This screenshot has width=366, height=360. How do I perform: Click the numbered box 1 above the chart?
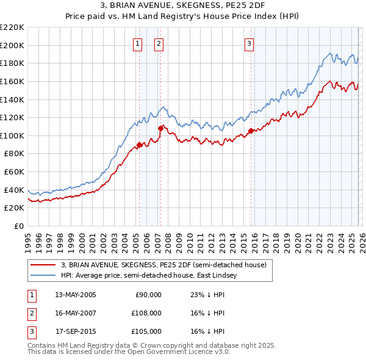click(137, 43)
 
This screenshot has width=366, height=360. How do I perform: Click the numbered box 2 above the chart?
click(159, 43)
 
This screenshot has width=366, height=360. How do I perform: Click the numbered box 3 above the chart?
click(249, 43)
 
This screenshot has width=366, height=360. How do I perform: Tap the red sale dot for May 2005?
click(139, 145)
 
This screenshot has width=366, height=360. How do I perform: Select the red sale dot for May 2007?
click(160, 128)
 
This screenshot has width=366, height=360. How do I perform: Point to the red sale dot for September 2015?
click(251, 131)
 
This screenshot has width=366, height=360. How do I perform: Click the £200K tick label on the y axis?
click(12, 45)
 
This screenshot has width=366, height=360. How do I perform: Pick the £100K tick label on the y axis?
click(12, 135)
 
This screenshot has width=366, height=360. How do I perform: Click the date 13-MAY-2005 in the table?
click(76, 295)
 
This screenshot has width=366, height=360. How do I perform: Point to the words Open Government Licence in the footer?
click(169, 352)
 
